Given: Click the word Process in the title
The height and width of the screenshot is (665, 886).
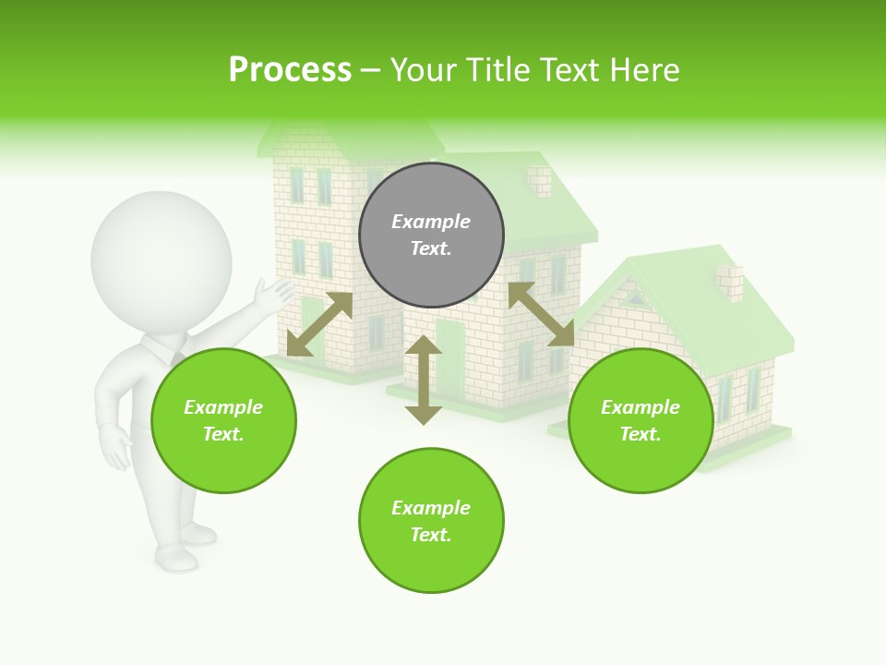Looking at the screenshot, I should click(290, 70).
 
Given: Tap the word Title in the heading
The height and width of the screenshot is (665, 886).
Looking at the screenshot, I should click(500, 70).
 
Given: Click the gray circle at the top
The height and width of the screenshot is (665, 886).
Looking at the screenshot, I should click(431, 235).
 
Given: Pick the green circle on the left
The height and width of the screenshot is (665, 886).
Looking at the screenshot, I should click(223, 420).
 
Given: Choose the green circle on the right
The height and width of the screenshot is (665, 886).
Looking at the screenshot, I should click(641, 420).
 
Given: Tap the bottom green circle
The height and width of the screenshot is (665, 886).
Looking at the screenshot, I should click(431, 521).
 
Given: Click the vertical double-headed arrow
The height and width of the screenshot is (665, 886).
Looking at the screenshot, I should click(424, 380).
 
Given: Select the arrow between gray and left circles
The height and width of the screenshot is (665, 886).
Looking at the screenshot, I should click(319, 324).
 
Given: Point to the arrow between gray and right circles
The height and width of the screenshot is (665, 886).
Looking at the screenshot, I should click(541, 314).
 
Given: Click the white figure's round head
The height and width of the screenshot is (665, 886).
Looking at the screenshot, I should click(161, 260).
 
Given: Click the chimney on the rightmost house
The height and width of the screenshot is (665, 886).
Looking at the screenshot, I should click(730, 282).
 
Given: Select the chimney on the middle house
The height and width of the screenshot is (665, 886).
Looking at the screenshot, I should click(538, 180).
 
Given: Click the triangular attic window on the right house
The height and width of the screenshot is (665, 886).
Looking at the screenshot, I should click(634, 297).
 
